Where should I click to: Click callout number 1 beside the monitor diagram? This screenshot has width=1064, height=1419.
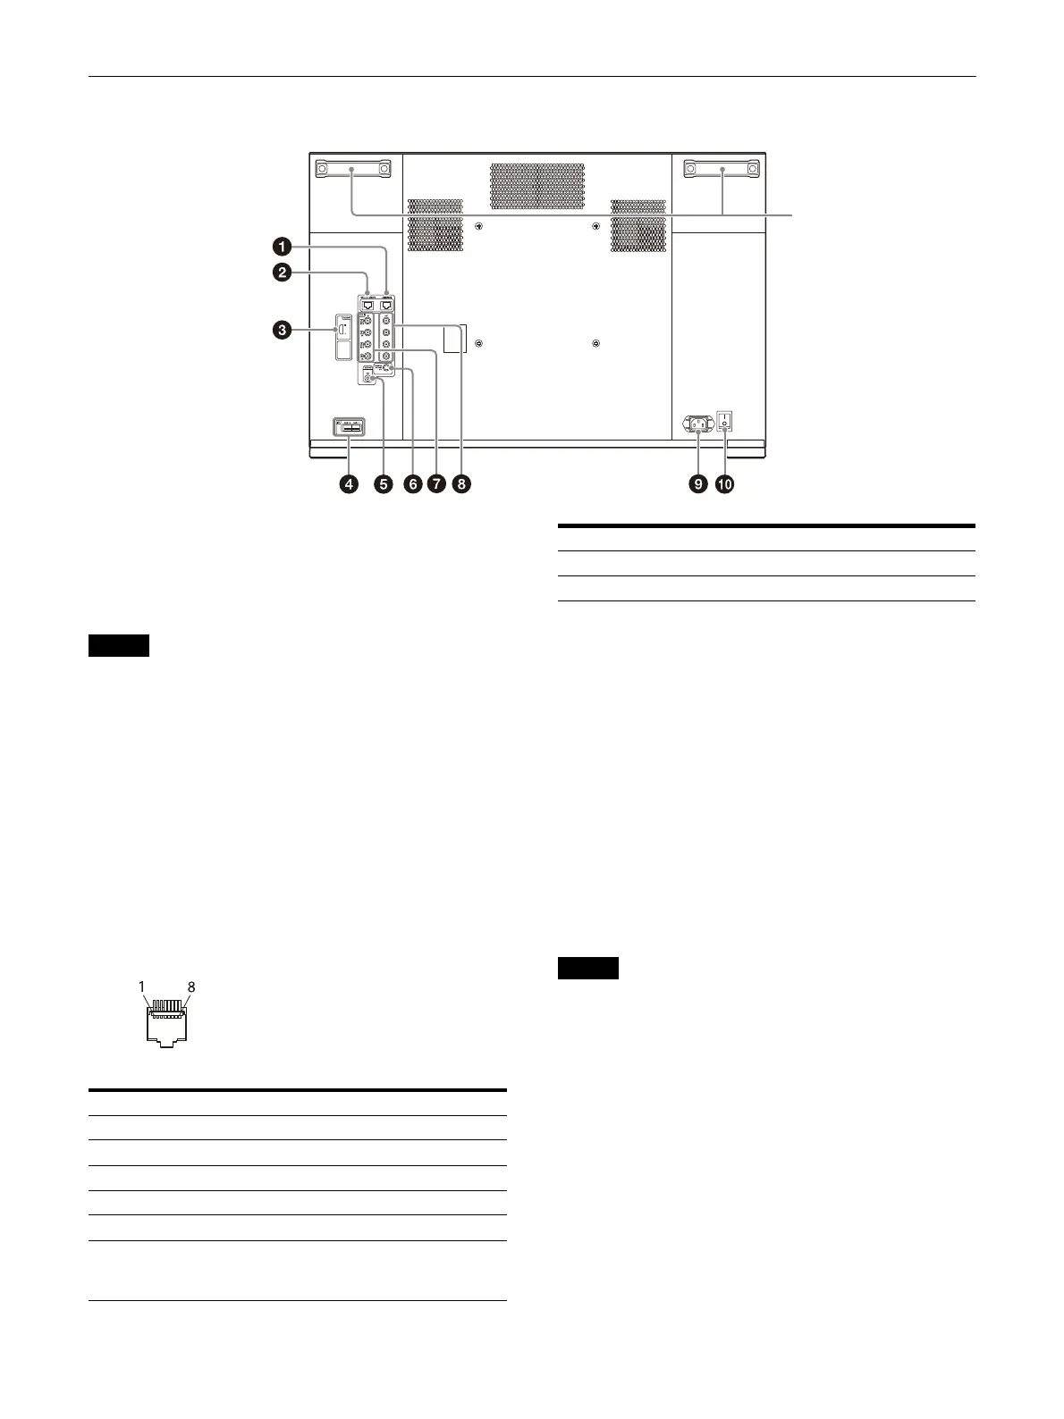(282, 244)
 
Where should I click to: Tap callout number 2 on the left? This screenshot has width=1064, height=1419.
(282, 273)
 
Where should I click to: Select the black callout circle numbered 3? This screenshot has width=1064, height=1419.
(282, 331)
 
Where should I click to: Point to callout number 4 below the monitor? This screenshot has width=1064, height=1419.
(347, 484)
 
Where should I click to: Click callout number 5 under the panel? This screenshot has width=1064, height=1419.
(383, 484)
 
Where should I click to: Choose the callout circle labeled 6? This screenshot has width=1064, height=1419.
(412, 484)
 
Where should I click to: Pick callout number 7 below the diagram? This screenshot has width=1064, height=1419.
(436, 484)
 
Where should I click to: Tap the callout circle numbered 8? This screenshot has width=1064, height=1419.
(461, 484)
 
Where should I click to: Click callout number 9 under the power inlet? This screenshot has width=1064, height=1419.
(697, 484)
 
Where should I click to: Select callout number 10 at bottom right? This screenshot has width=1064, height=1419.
(723, 484)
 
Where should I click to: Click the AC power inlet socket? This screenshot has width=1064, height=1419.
(697, 424)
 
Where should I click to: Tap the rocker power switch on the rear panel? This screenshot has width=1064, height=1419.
(725, 420)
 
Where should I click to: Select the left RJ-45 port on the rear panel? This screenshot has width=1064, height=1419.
(367, 304)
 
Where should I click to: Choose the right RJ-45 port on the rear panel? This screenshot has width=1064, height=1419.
(387, 304)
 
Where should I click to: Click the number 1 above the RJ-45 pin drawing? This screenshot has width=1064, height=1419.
(142, 987)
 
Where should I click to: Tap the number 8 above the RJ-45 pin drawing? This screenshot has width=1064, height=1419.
(190, 987)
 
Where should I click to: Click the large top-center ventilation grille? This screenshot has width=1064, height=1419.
(536, 186)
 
